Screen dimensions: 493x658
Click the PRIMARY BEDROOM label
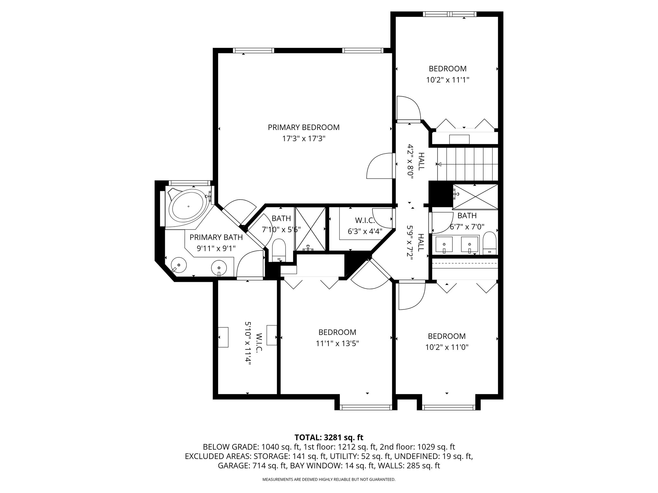pos(304,127)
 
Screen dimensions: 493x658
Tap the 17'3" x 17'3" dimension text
pos(304,139)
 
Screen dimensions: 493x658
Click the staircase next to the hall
pos(467,165)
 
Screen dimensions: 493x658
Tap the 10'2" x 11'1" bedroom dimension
pos(448,80)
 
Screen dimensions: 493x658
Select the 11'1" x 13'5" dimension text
pos(337,343)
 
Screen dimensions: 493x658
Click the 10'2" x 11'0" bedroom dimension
pos(447,347)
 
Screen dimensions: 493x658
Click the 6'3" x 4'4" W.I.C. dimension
pos(365,231)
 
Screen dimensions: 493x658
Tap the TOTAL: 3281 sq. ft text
pos(329,437)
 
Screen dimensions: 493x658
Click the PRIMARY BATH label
pos(216,237)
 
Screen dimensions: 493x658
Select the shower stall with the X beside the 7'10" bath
pos(310,229)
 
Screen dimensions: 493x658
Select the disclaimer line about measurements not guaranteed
pos(329,480)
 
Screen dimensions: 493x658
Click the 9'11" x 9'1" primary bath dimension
pos(216,248)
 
